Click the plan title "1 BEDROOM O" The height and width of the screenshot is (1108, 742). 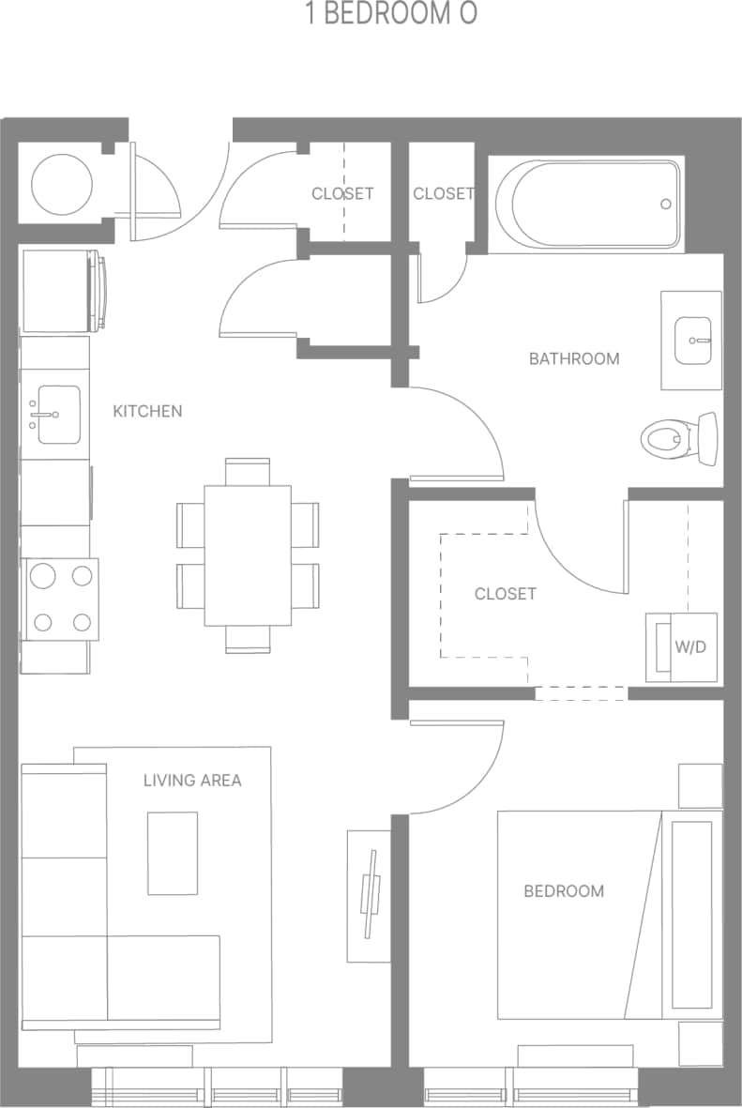pos(391,15)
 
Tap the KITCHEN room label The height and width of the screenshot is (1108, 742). pos(147,411)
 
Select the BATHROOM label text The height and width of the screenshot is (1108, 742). pos(574,358)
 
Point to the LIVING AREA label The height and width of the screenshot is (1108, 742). pos(192,780)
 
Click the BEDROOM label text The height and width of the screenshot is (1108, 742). pos(564,890)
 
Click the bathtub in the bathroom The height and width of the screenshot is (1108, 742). pos(587,205)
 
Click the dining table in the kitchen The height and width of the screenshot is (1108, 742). pos(248,554)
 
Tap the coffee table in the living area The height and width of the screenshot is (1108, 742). pos(173,853)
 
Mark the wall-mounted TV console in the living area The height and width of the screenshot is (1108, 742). pos(370,895)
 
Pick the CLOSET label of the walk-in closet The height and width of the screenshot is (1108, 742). pos(506,594)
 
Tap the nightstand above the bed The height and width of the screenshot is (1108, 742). pos(700,786)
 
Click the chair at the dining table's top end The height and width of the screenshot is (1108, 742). pos(248,471)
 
